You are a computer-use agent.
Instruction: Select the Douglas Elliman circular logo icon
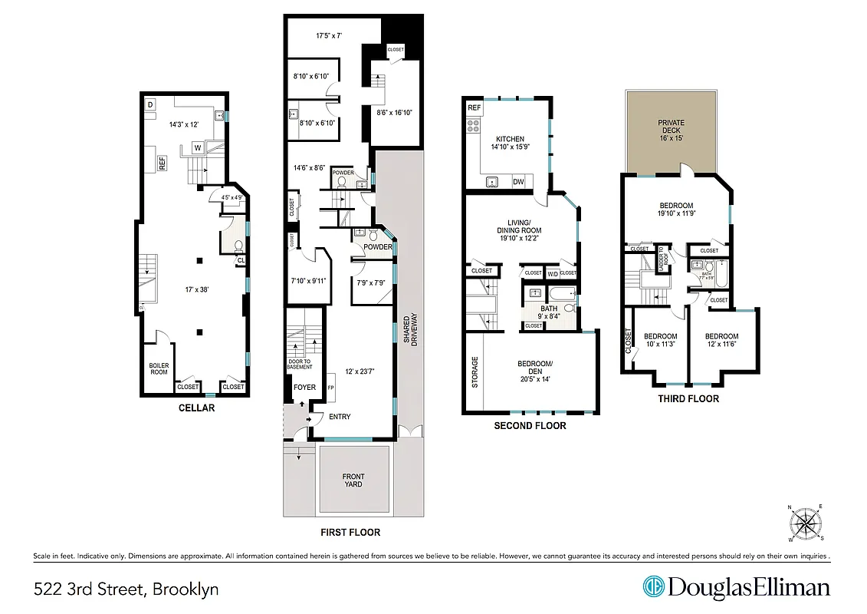pyautogui.click(x=653, y=587)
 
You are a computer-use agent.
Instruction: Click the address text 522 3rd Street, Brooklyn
pyautogui.click(x=126, y=589)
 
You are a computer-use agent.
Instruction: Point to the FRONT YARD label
pyautogui.click(x=353, y=480)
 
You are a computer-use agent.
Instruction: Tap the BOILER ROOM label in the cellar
pyautogui.click(x=159, y=368)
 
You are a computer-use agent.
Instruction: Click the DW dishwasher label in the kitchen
pyautogui.click(x=518, y=182)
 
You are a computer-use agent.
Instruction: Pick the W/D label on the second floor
pyautogui.click(x=552, y=272)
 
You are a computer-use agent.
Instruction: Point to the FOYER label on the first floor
pyautogui.click(x=304, y=387)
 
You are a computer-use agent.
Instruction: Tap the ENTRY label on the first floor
pyautogui.click(x=340, y=417)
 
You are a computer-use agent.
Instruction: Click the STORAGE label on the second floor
pyautogui.click(x=475, y=371)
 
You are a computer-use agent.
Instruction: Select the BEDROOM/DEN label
pyautogui.click(x=535, y=368)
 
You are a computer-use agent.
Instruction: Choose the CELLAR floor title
pyautogui.click(x=196, y=408)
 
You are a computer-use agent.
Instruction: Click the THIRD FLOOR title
pyautogui.click(x=688, y=398)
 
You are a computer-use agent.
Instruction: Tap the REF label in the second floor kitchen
pyautogui.click(x=475, y=108)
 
